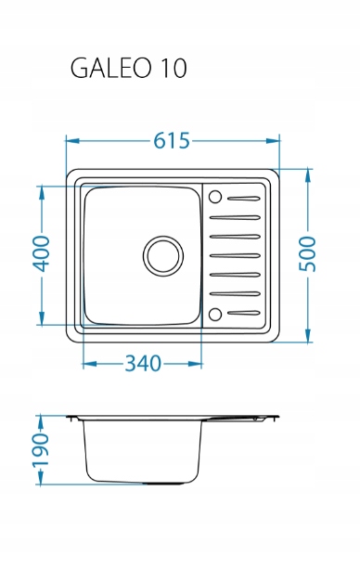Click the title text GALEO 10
click(x=128, y=68)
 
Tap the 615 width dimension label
click(x=172, y=141)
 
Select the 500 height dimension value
click(x=308, y=254)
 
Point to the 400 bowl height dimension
click(x=41, y=254)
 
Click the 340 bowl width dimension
click(x=143, y=363)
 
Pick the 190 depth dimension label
click(x=41, y=450)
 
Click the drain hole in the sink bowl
click(x=163, y=256)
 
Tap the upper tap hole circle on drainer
click(x=215, y=197)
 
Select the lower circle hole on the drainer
click(x=215, y=315)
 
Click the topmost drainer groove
click(x=243, y=199)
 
